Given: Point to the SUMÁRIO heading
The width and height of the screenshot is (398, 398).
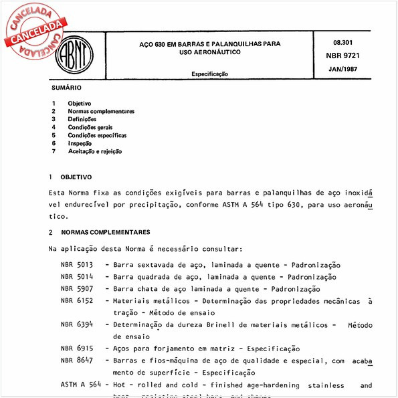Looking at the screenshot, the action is coord(66,88).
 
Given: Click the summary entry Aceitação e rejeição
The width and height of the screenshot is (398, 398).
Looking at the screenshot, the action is coord(95,152).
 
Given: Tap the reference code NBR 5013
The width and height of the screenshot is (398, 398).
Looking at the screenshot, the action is coord(74,265).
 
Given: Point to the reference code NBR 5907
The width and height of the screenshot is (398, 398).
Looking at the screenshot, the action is coord(74,289).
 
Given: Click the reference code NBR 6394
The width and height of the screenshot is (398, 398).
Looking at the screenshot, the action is coord(74,325).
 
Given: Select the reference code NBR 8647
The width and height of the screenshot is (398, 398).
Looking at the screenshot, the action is coord(74,361).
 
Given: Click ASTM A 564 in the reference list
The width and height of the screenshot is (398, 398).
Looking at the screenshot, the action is coord(79,385).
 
